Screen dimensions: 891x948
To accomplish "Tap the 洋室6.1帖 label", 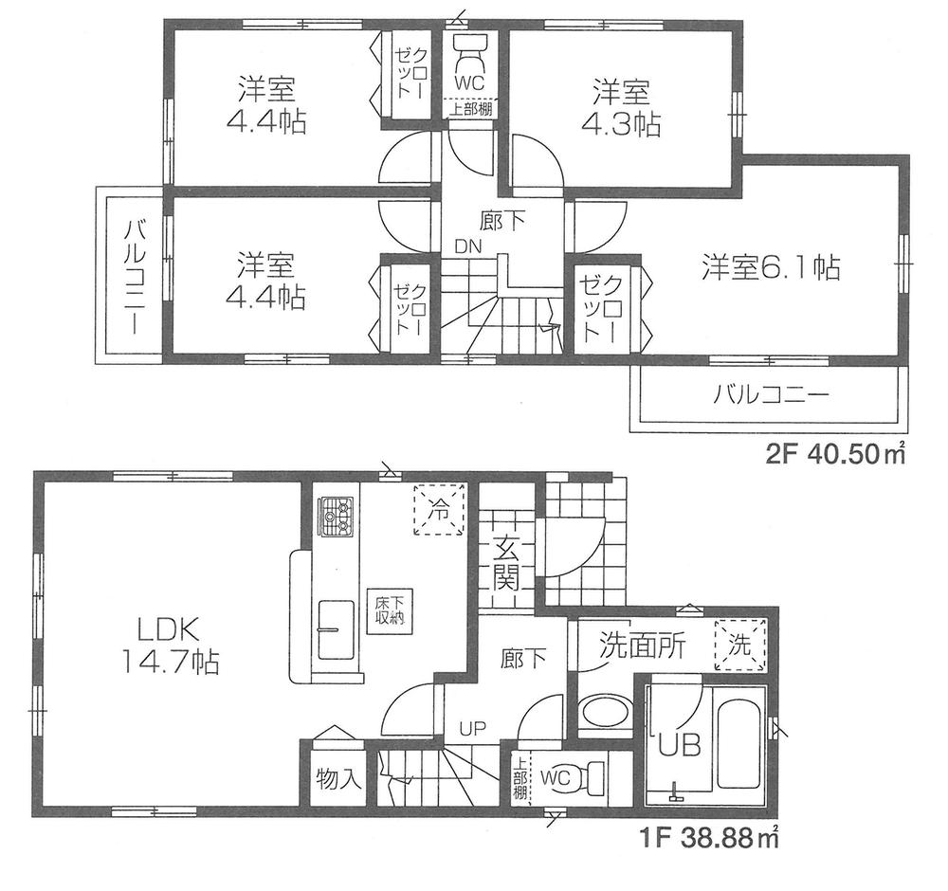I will [770, 268].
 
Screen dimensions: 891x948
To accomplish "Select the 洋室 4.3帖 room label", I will [621, 108].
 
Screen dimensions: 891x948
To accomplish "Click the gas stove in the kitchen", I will [334, 516].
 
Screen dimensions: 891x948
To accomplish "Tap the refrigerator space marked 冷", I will [439, 510].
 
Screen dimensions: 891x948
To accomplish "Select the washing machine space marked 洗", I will [739, 646].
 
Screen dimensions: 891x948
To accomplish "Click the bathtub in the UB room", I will [739, 742].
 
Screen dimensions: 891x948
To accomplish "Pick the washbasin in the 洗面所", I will [604, 713].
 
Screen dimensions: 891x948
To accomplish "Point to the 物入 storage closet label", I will [337, 779].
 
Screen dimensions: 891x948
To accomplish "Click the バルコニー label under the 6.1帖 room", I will [758, 394].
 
